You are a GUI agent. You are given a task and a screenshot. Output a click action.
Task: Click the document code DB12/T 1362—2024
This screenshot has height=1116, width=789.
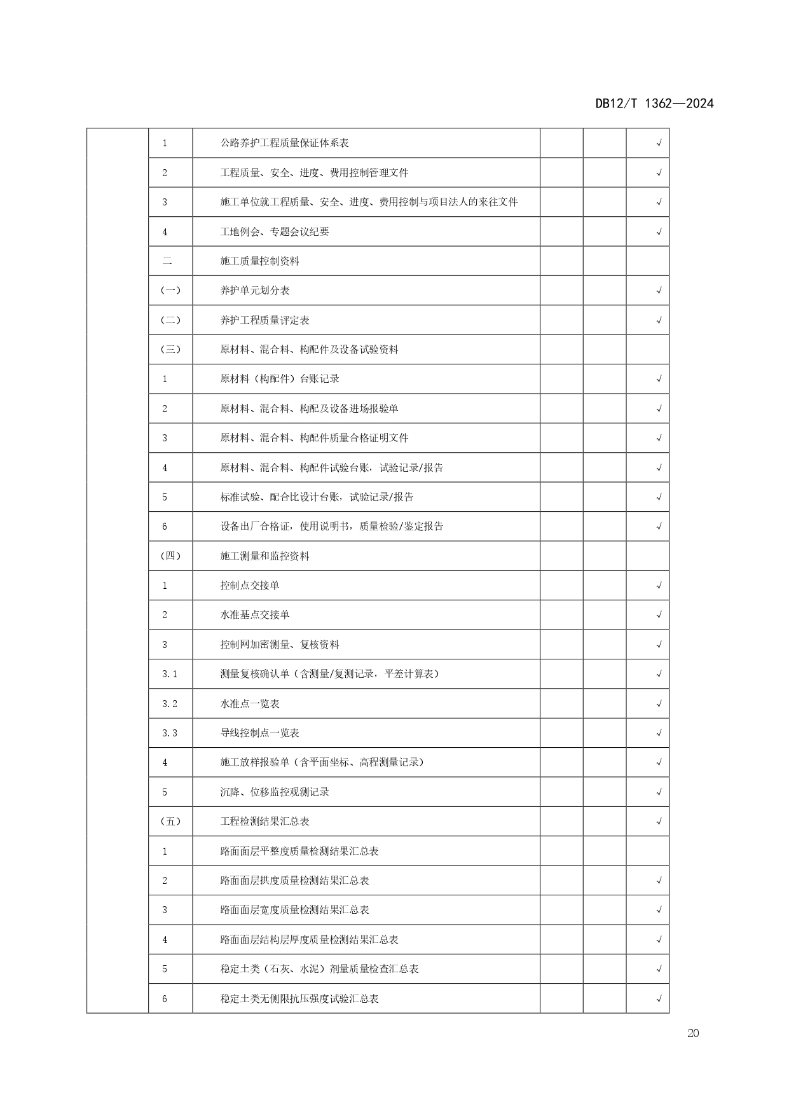[x=654, y=104]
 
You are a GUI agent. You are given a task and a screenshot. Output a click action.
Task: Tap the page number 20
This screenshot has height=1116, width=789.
[x=693, y=1033]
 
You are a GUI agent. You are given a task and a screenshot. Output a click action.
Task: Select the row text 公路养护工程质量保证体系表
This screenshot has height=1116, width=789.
[x=284, y=143]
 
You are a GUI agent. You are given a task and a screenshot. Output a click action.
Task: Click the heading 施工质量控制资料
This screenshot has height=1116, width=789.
[x=259, y=261]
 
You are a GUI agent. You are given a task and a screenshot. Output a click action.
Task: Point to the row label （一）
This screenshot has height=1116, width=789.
[x=170, y=291]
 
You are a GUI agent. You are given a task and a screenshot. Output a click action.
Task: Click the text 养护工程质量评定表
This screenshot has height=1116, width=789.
[x=264, y=320]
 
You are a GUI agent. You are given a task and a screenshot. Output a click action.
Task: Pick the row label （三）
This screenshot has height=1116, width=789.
[x=170, y=350]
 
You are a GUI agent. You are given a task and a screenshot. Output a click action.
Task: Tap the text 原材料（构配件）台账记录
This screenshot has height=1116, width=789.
[x=280, y=379]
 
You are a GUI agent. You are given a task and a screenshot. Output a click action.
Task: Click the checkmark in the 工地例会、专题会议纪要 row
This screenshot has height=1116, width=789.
[x=659, y=232]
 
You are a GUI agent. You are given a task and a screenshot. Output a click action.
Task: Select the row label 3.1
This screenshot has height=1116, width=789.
[x=170, y=674]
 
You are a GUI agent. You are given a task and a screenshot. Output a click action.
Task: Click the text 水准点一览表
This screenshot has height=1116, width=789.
[x=250, y=704]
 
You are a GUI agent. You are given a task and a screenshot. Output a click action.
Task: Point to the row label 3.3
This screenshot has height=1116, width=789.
[x=170, y=733]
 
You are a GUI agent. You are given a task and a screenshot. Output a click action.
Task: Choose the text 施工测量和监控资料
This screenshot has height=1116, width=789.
[x=264, y=556]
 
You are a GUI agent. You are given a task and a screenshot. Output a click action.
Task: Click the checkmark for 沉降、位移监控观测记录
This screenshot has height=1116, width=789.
[x=659, y=792]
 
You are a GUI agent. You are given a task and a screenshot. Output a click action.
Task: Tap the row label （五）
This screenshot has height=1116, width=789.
[x=170, y=822]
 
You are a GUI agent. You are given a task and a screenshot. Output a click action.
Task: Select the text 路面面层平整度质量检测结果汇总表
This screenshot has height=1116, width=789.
[x=299, y=851]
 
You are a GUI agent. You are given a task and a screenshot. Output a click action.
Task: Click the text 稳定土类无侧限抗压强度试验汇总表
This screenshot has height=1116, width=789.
[x=299, y=999]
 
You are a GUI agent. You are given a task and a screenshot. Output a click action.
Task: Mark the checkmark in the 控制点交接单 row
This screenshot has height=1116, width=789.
[x=659, y=586]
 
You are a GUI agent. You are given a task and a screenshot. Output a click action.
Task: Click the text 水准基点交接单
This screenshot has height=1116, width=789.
[x=255, y=615]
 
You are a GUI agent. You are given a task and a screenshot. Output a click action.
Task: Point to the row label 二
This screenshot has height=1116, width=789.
[x=167, y=261]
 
